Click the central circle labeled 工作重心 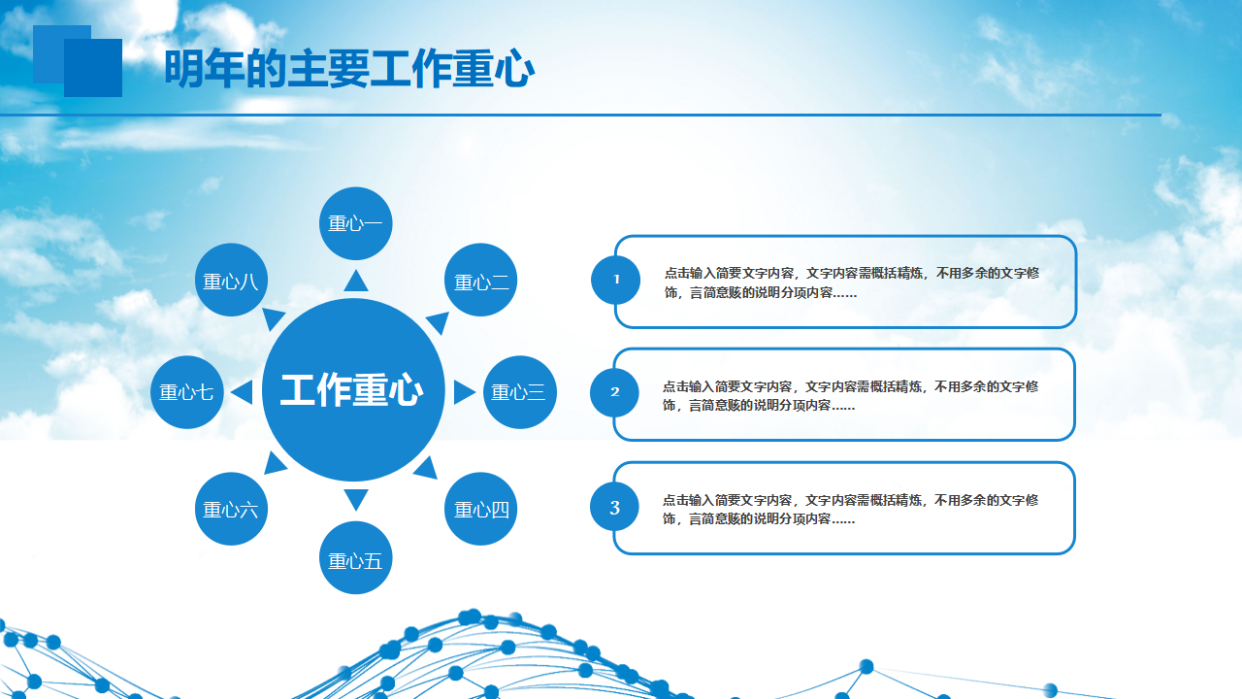[353, 390]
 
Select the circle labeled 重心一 [356, 223]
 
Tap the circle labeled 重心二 [480, 280]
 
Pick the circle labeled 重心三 [520, 392]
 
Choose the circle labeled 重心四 [480, 509]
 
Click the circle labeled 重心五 [356, 557]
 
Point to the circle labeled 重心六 [231, 509]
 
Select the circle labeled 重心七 [187, 392]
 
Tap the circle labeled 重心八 [231, 280]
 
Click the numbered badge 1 [615, 280]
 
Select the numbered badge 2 [614, 393]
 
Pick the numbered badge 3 [614, 507]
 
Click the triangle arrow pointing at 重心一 [356, 282]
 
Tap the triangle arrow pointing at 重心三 [464, 392]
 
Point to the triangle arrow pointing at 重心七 [243, 392]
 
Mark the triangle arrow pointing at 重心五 [356, 499]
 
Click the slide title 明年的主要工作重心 [349, 69]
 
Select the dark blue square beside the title [93, 68]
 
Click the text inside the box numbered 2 [850, 395]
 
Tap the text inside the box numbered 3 [850, 510]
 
